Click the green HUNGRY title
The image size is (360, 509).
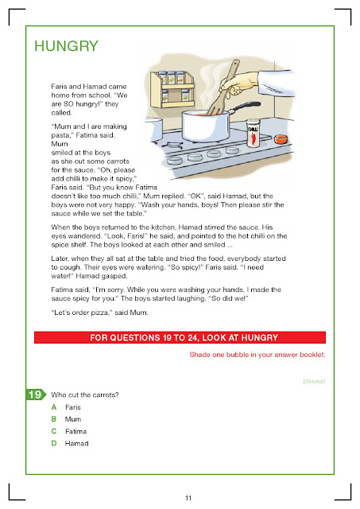(66, 46)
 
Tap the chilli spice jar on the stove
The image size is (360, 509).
(253, 133)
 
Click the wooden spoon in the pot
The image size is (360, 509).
(223, 87)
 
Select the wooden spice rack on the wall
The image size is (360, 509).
(172, 89)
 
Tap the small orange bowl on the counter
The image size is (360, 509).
(281, 139)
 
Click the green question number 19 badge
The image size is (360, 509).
(36, 394)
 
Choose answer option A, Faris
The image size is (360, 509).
(66, 407)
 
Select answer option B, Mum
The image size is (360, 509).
(66, 419)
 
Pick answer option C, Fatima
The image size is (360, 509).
(69, 431)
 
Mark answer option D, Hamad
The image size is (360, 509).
(70, 444)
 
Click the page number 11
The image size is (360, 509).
(188, 498)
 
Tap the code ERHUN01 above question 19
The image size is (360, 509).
(314, 382)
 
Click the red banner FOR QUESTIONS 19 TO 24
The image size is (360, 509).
(180, 337)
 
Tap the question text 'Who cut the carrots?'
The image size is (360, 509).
(85, 395)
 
